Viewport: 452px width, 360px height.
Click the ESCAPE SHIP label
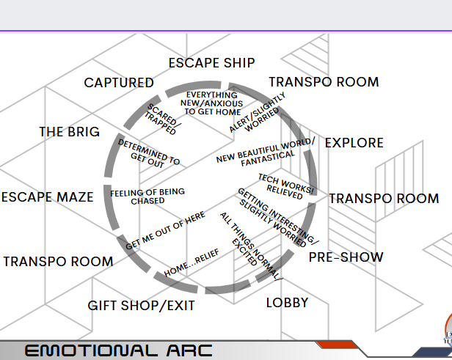pos(211,63)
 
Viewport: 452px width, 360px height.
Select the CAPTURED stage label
pos(119,83)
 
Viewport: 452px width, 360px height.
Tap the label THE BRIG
pos(70,132)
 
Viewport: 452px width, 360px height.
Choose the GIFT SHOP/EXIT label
pos(142,305)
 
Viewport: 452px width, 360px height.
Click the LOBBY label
pos(287,302)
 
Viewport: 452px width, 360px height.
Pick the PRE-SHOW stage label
pos(346,257)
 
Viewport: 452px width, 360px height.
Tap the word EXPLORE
pos(354,142)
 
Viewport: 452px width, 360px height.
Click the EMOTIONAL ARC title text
pos(119,350)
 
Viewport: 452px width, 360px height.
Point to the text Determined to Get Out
pos(149,153)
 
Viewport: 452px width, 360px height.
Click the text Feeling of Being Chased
pos(147,196)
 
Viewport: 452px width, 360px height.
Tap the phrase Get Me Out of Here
pos(165,232)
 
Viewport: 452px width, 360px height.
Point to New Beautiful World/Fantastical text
pos(266,151)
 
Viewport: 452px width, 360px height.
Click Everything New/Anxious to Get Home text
pos(212,103)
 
